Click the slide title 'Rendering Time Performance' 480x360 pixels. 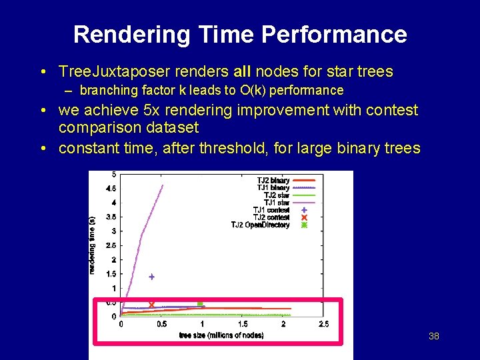[240, 35]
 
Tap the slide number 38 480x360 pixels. [434, 336]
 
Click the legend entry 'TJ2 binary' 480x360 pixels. [273, 181]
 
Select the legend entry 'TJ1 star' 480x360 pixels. [277, 203]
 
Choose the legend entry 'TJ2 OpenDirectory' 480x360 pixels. [260, 225]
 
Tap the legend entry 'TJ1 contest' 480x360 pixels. [271, 210]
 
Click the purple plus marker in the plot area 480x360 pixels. [151, 277]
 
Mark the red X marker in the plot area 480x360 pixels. [151, 305]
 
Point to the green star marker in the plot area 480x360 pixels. [200, 304]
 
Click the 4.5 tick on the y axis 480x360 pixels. [111, 188]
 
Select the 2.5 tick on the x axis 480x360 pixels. [323, 324]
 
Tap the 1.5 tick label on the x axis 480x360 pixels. [242, 324]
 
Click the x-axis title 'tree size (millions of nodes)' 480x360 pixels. [221, 335]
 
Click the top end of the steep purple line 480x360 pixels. [163, 185]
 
